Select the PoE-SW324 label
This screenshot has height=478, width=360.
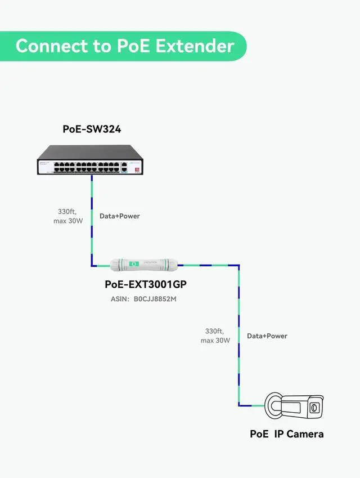[x=92, y=129]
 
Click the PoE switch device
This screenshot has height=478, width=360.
[x=90, y=160]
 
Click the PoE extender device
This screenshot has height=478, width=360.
[x=144, y=263]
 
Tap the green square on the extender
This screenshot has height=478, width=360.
[x=133, y=263]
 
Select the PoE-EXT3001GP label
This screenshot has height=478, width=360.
[x=146, y=285]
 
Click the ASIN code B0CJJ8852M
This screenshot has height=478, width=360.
[x=155, y=299]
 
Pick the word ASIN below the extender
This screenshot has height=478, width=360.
[x=119, y=299]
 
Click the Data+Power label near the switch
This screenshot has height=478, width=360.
[x=120, y=216]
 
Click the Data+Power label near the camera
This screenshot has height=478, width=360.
[x=267, y=336]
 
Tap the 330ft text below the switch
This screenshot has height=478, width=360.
[x=66, y=212]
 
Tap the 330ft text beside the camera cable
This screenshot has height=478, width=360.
[x=214, y=331]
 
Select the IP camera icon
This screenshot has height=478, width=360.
[x=294, y=405]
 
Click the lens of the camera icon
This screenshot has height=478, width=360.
[x=315, y=407]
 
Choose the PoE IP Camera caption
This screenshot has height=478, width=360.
[x=287, y=434]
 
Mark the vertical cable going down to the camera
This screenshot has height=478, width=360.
[x=238, y=338]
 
